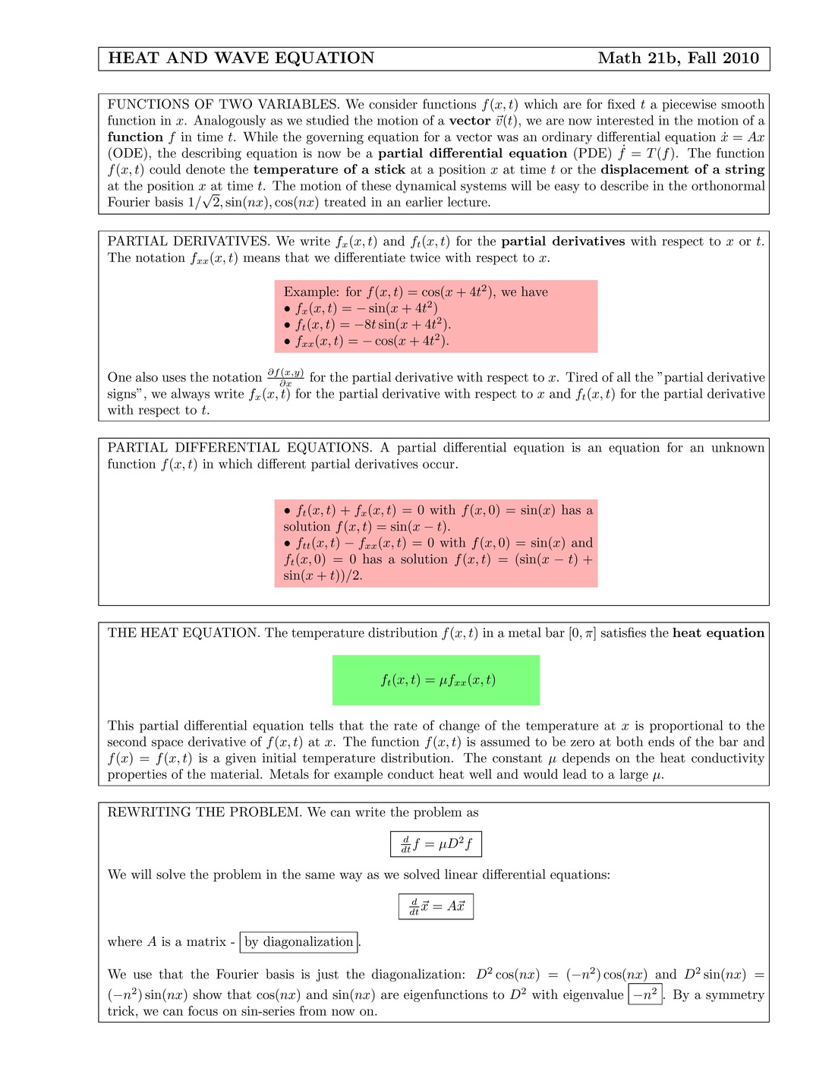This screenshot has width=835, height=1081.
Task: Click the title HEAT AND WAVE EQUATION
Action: click(241, 58)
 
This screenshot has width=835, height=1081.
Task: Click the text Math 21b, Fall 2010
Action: click(678, 58)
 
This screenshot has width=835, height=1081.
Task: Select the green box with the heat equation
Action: click(436, 680)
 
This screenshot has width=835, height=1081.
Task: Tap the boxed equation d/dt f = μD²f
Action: click(436, 843)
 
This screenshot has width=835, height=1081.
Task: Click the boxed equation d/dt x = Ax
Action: click(436, 906)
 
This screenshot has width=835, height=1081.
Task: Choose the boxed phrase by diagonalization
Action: click(298, 942)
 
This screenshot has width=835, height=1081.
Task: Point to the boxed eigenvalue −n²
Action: click(645, 994)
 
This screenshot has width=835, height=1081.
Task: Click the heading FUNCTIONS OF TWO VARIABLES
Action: click(223, 105)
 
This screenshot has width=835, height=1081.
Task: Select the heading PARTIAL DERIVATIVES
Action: click(188, 241)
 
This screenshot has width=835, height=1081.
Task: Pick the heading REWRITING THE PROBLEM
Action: click(204, 812)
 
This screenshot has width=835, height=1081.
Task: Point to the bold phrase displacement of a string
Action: click(682, 170)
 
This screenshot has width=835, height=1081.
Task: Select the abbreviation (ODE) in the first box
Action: click(129, 153)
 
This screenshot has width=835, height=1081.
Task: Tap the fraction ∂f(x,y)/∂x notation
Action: click(285, 377)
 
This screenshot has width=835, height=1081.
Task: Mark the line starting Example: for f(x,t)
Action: click(415, 292)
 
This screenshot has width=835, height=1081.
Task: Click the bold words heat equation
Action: click(718, 633)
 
